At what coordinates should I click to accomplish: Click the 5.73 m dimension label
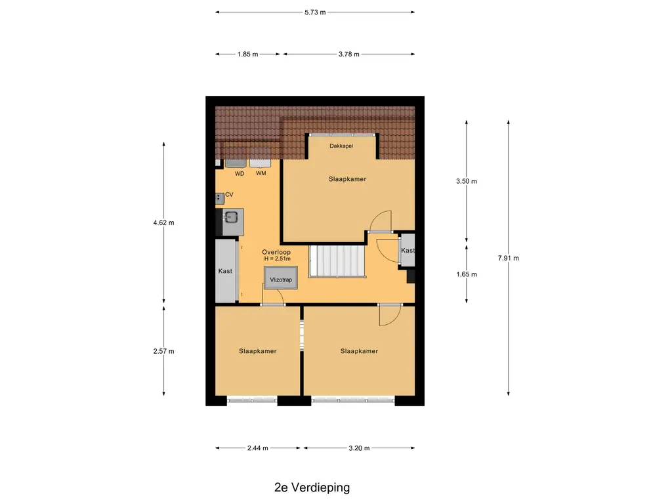(x=315, y=12)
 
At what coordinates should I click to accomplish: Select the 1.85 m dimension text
(x=247, y=54)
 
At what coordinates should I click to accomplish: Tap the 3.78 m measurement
(x=349, y=54)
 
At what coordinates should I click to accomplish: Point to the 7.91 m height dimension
(x=509, y=258)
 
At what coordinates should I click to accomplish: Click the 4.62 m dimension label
(x=163, y=223)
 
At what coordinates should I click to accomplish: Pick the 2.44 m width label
(x=257, y=448)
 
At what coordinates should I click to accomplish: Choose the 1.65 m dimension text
(x=467, y=274)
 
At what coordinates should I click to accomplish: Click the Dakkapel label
(x=341, y=146)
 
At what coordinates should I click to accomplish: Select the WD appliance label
(x=240, y=173)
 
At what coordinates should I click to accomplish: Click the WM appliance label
(x=261, y=173)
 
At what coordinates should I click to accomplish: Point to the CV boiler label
(x=229, y=194)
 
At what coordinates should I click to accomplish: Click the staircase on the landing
(x=337, y=261)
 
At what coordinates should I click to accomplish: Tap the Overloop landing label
(x=276, y=253)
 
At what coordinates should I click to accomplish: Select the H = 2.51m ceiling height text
(x=278, y=259)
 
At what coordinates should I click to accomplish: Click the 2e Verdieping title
(x=312, y=488)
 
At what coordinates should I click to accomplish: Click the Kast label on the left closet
(x=225, y=271)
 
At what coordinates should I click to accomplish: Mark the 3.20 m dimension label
(x=359, y=448)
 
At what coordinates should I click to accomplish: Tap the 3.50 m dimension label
(x=467, y=181)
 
